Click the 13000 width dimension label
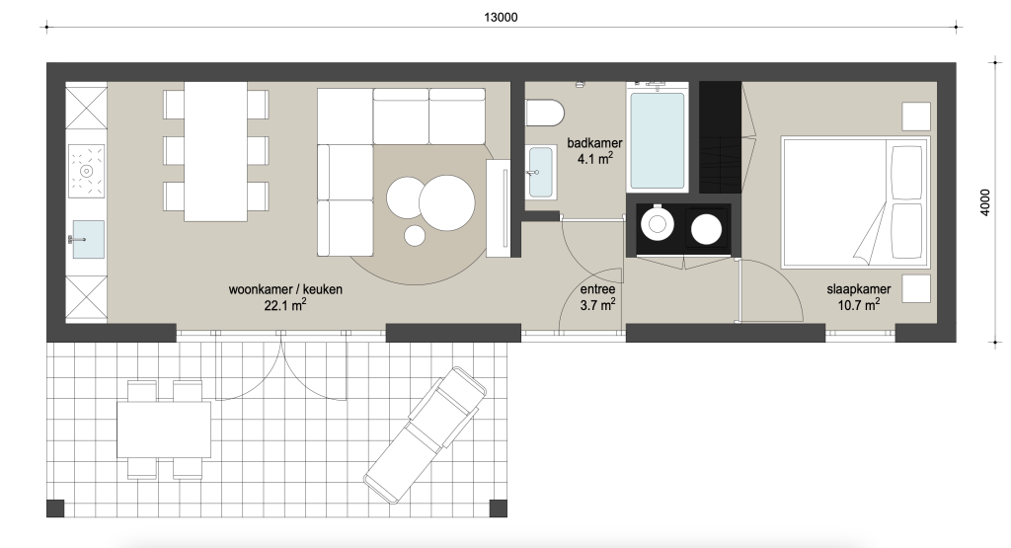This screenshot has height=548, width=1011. (x=501, y=18)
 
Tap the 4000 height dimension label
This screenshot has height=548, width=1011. (x=984, y=202)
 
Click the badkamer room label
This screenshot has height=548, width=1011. (x=594, y=143)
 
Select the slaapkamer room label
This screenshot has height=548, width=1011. (x=858, y=289)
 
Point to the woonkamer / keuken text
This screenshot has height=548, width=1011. (x=285, y=289)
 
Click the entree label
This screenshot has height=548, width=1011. (x=597, y=289)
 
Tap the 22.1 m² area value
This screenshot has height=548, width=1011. (x=285, y=305)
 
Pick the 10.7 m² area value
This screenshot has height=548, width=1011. (x=858, y=305)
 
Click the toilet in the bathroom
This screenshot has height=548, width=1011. (x=545, y=113)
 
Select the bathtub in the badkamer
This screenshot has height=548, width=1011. (x=657, y=137)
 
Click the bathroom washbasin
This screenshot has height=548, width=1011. (x=540, y=172)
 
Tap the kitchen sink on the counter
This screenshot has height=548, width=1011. (x=88, y=239)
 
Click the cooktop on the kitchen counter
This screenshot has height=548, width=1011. (x=87, y=171)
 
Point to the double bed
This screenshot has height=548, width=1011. (x=855, y=201)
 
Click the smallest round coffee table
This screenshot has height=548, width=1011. (x=415, y=236)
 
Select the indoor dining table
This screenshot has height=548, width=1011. (x=215, y=151)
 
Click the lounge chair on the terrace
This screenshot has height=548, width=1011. (x=425, y=435)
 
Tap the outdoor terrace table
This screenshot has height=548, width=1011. (x=164, y=431)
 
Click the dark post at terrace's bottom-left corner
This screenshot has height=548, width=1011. (x=55, y=509)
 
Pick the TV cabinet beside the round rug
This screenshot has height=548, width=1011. (x=498, y=207)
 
